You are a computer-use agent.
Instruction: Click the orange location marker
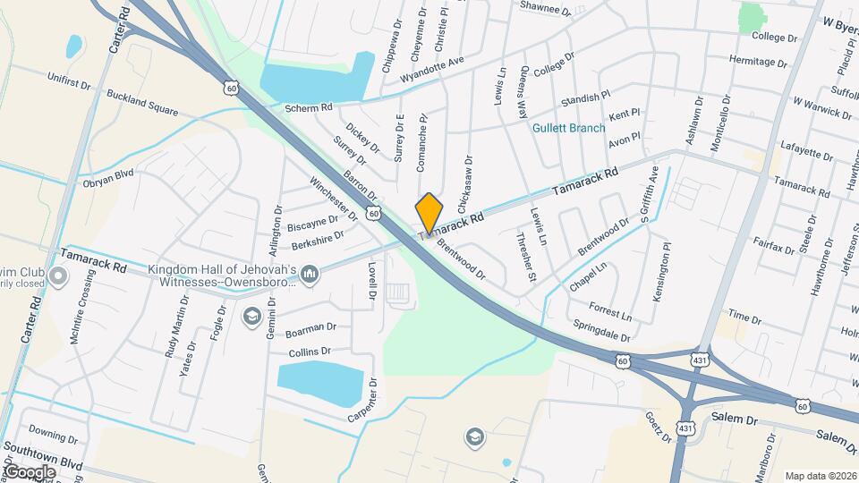(429, 213)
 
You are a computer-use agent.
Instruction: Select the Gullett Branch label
(568, 128)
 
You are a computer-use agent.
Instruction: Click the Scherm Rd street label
(309, 108)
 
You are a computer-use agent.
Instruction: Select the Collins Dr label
(310, 352)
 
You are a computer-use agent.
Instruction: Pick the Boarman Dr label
(310, 329)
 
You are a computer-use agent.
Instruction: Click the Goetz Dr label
(658, 427)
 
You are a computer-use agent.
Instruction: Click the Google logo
(30, 471)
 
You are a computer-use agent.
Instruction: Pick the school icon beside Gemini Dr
(251, 316)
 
